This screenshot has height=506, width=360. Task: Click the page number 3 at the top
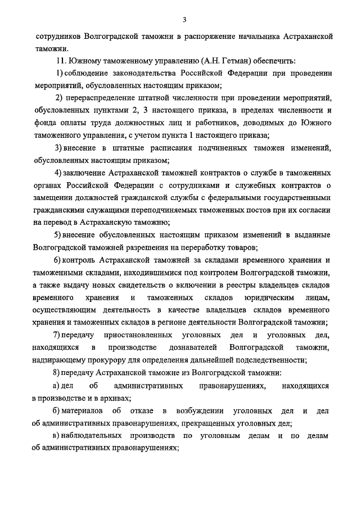(x=184, y=20)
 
